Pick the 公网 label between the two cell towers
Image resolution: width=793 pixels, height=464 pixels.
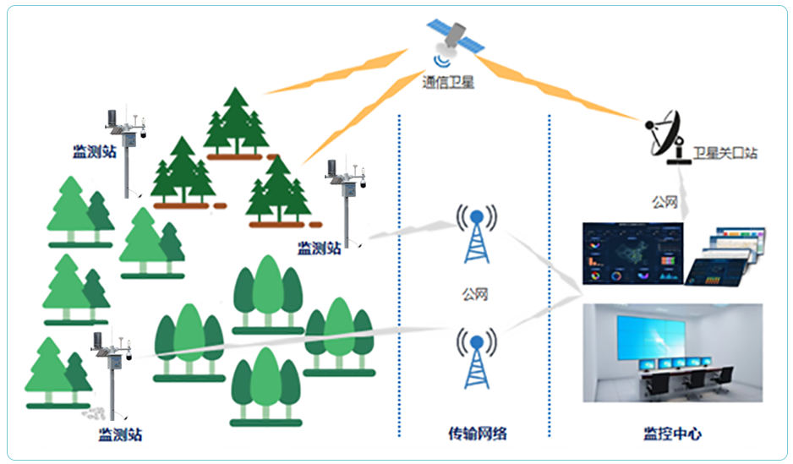tap(475, 294)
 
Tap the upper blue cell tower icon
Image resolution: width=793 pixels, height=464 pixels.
tap(477, 232)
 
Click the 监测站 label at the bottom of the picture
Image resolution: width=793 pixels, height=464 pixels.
tap(120, 435)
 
